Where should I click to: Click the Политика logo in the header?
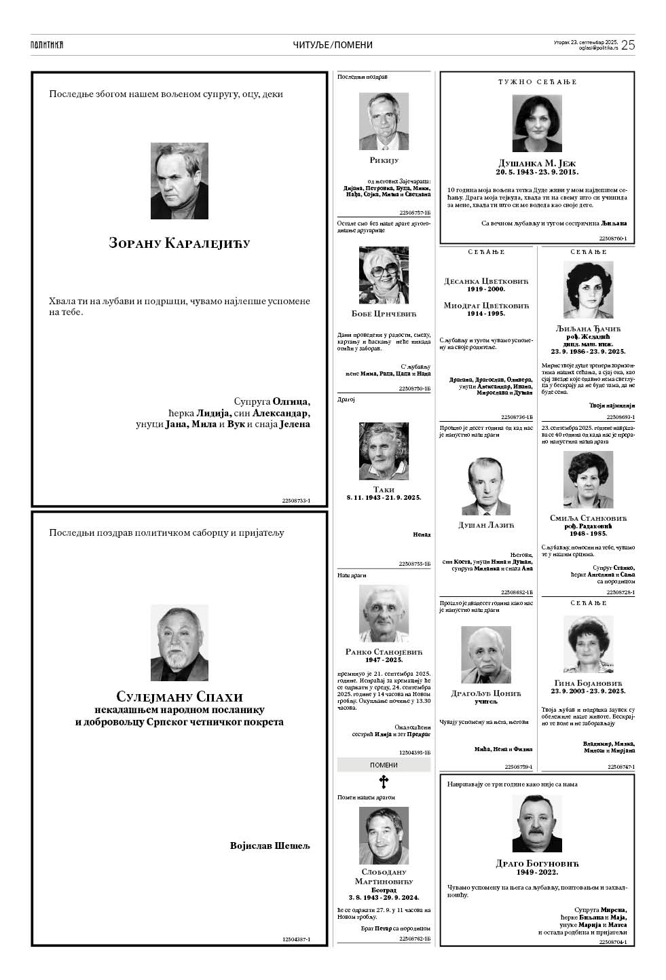coord(47,45)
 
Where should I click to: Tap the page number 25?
coord(627,45)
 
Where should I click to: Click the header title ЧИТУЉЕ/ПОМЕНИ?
coord(333,45)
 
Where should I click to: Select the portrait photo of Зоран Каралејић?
coord(179,181)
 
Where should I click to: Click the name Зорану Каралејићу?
coord(179,243)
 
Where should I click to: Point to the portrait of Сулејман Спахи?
coord(179,642)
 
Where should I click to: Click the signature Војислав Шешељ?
coord(270,846)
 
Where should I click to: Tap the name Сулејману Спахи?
coord(179,697)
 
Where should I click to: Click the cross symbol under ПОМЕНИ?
coord(384,781)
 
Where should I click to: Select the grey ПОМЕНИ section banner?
coord(384,765)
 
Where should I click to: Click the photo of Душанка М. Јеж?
coord(537,124)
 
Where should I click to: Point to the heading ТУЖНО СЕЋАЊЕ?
coord(537,82)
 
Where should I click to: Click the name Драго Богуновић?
coord(537,864)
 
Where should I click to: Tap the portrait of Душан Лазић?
coord(486,486)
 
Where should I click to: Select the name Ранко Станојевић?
coord(384,652)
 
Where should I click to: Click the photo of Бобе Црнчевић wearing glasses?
coord(384,275)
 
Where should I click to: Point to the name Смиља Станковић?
coord(588,518)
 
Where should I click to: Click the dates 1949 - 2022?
coord(537,873)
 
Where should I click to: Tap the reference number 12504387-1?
coord(296,939)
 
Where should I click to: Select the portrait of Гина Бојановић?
coord(588,644)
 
